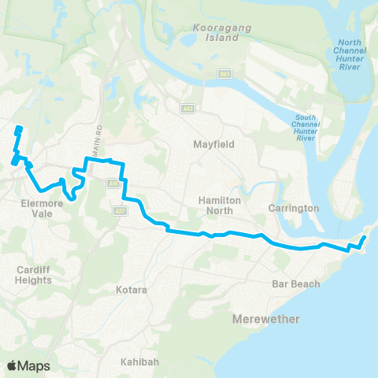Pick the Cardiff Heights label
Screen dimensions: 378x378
35,273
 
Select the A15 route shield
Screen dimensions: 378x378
113,183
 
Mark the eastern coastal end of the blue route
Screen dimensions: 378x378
365,236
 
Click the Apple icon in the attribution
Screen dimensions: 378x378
12,365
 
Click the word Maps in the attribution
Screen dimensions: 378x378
34,365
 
